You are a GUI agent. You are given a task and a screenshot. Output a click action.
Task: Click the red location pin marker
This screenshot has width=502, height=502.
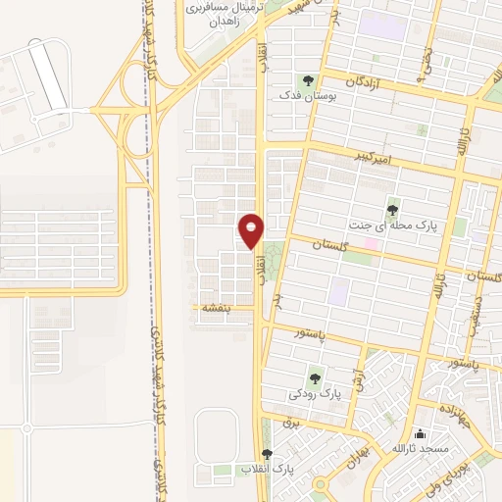pyautogui.click(x=251, y=230)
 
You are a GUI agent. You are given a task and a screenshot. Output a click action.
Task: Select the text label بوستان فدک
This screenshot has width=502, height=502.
pyautogui.click(x=303, y=96)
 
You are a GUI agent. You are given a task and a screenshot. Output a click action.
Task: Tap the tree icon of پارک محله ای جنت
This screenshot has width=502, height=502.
pyautogui.click(x=393, y=209)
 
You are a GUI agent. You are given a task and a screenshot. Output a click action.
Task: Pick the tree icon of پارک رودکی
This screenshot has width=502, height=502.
pyautogui.click(x=315, y=377)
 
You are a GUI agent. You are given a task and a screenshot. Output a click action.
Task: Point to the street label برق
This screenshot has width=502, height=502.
pyautogui.click(x=289, y=422)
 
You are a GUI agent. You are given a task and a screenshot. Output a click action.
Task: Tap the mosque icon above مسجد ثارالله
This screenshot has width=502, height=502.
pyautogui.click(x=420, y=433)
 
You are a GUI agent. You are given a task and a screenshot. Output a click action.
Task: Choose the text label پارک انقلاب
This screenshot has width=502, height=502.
pyautogui.click(x=272, y=470)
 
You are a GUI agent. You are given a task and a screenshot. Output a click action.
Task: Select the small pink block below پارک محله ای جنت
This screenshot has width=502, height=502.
pyautogui.click(x=371, y=242)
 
